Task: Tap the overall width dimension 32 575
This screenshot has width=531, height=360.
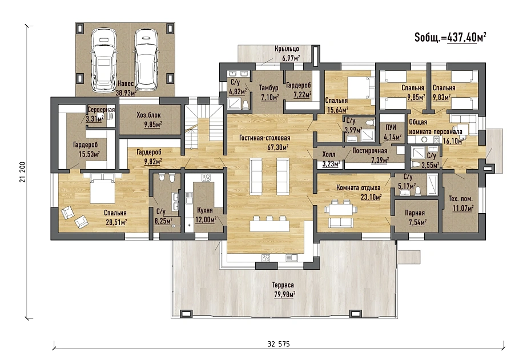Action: (279, 344)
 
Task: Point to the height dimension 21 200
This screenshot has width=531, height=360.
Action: (23, 172)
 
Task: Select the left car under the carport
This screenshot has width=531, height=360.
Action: (104, 60)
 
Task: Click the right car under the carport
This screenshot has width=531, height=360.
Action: (146, 60)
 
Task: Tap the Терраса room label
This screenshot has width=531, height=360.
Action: (284, 285)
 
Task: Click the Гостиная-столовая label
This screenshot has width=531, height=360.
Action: (265, 138)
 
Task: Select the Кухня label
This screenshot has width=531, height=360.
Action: (204, 210)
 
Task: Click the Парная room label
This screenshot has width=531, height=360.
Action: (415, 213)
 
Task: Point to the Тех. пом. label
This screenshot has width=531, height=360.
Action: (461, 199)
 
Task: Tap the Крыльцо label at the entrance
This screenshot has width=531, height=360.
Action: (287, 49)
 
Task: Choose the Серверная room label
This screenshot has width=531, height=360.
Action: (101, 110)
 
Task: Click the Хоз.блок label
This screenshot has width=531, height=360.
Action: (148, 115)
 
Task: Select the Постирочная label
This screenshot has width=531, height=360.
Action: (370, 150)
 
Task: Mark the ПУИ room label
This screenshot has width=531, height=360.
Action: (391, 128)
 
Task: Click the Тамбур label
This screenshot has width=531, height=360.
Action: (268, 88)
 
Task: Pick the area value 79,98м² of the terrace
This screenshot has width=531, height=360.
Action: (284, 294)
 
